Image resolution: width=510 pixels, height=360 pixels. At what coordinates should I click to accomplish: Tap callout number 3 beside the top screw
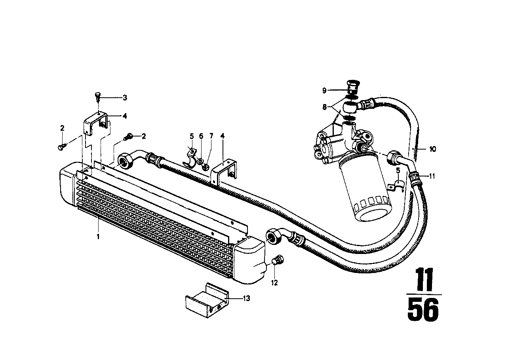coord(125,97)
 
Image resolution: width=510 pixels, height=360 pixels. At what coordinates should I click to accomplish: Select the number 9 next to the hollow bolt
coord(324,91)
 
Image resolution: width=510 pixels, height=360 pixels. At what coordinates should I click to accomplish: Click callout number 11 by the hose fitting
coord(432,176)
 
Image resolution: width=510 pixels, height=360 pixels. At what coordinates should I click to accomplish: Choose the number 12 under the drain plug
coord(274,283)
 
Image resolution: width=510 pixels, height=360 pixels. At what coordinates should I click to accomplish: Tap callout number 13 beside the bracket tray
coord(246,299)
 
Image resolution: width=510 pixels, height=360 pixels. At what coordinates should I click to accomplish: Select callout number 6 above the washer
coord(201,136)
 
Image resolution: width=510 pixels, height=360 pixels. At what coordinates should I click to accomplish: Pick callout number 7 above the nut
coord(211,136)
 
